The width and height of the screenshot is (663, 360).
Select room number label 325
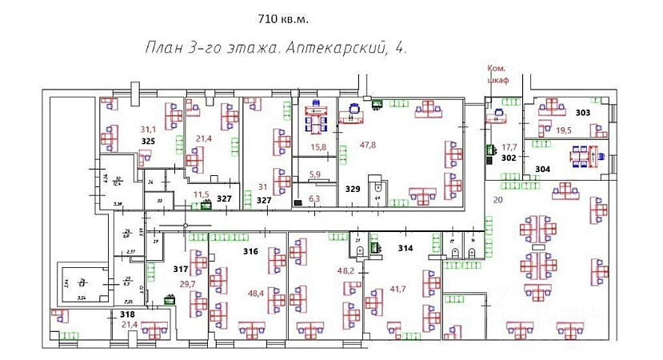click(x=148, y=141)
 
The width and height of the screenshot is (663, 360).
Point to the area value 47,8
click(x=367, y=145)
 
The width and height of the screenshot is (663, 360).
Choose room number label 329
click(x=353, y=190)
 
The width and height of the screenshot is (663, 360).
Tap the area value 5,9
click(x=314, y=174)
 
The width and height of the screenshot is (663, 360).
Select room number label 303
click(x=582, y=113)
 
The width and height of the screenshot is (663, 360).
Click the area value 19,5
click(x=564, y=130)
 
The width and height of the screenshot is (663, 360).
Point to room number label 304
click(x=543, y=169)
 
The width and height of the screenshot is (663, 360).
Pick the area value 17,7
click(x=509, y=147)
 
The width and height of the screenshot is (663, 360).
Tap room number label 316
click(x=250, y=252)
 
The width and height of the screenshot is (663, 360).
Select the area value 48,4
click(x=256, y=294)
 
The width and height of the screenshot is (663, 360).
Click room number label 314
click(x=405, y=249)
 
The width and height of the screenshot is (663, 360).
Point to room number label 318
click(x=127, y=314)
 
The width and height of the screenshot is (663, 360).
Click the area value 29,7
click(x=187, y=284)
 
